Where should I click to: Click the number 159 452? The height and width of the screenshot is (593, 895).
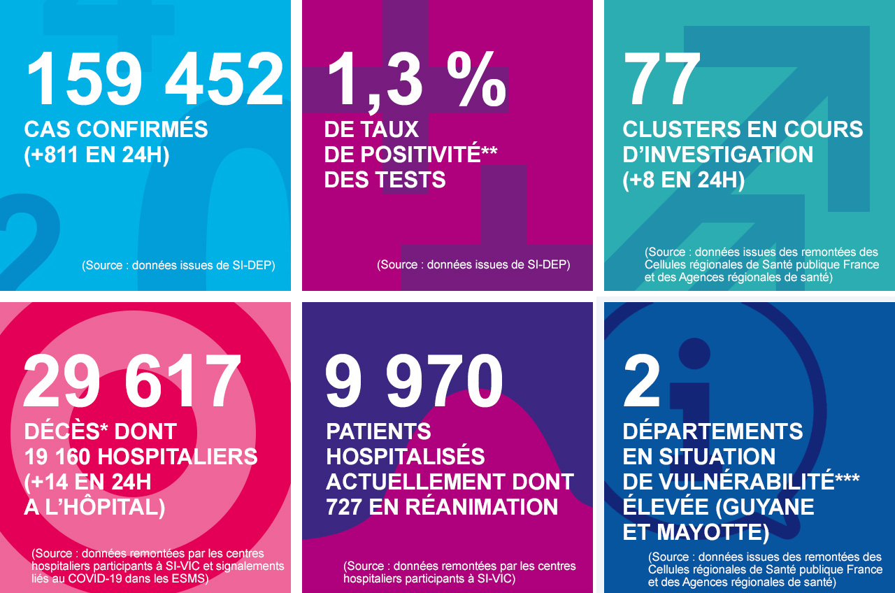tap(155, 80)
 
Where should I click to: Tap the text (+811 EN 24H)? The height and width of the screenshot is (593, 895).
tap(96, 155)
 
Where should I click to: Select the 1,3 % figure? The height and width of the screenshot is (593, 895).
tap(415, 80)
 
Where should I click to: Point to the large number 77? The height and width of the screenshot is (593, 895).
tap(661, 80)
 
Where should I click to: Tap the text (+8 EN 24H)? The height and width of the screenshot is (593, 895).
tap(683, 180)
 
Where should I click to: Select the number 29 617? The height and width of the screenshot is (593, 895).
tap(132, 382)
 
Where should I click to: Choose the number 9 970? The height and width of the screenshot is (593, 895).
tap(414, 382)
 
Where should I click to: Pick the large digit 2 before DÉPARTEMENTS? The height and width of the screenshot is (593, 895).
tap(642, 382)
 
